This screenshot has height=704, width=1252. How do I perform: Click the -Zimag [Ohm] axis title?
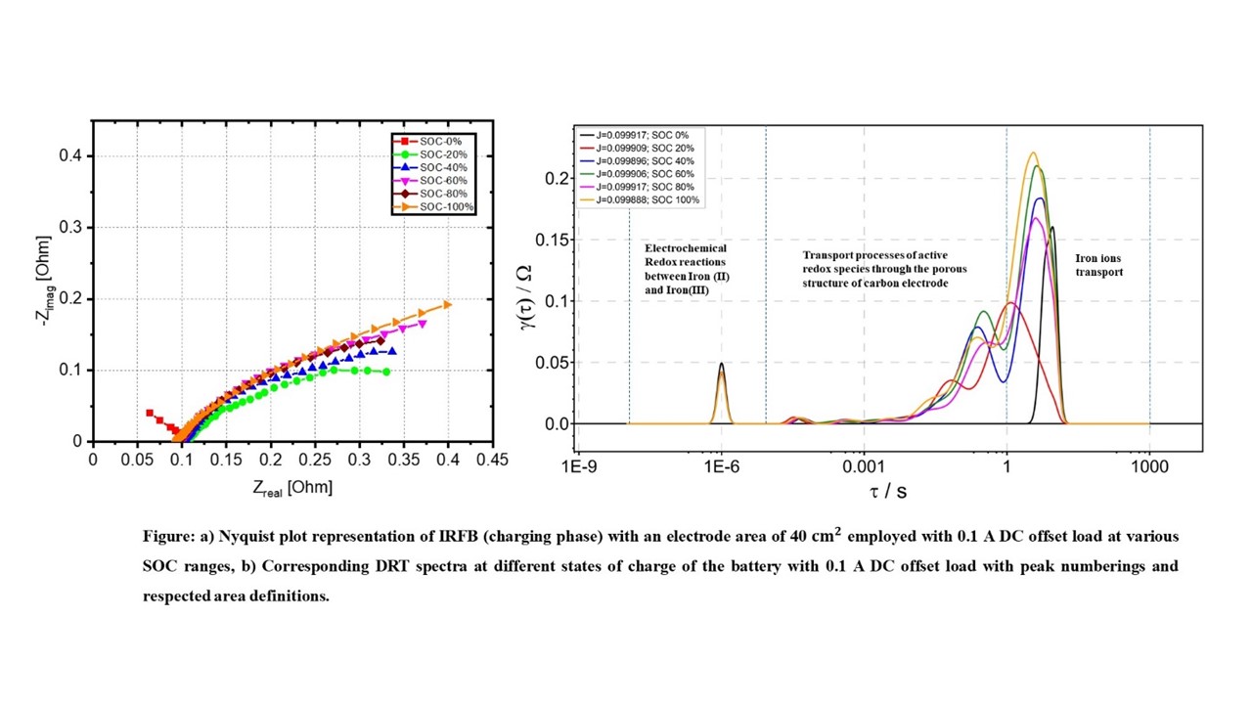(42, 282)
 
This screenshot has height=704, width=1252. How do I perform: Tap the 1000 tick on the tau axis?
(1149, 467)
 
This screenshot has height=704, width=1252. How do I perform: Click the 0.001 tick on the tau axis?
(864, 467)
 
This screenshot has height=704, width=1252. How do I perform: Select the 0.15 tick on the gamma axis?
(553, 240)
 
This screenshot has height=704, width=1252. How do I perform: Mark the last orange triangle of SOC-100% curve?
(448, 305)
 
